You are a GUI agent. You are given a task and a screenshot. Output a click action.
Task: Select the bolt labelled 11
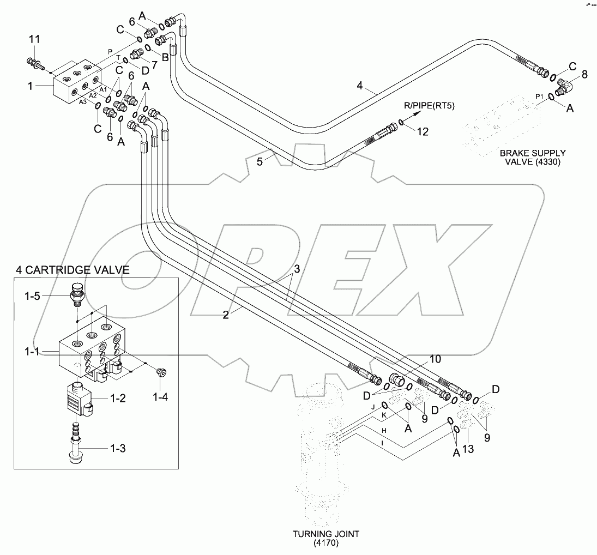(x=34, y=62)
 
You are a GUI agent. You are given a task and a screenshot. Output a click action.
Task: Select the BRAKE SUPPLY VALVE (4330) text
(x=532, y=158)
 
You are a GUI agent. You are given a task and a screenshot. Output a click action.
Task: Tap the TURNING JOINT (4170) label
(x=326, y=538)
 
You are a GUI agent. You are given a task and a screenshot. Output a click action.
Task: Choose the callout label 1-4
(x=160, y=397)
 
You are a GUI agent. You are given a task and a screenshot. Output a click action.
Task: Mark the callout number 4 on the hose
(x=359, y=85)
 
